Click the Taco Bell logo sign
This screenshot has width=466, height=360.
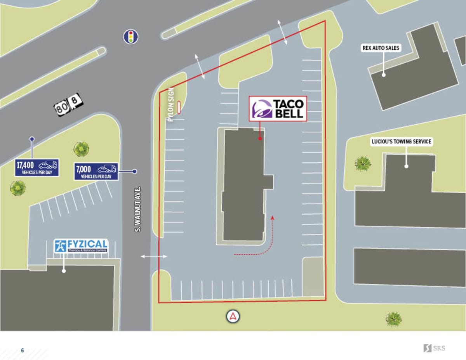[278, 109]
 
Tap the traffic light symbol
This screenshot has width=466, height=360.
[131, 37]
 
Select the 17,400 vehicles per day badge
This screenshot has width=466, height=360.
[37, 167]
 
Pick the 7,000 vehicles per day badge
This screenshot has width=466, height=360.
[96, 171]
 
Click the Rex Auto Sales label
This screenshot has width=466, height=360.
[381, 48]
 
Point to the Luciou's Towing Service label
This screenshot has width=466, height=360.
[402, 142]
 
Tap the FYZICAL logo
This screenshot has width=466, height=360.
[81, 246]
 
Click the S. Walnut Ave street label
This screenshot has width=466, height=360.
[138, 210]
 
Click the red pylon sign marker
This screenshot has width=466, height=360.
[179, 108]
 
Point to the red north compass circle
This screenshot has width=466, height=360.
[233, 316]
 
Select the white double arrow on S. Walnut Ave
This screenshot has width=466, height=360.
[154, 256]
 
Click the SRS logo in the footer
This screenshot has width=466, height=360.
[434, 348]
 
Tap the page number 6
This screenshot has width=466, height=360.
[23, 350]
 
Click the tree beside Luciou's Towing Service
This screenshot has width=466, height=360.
[362, 163]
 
